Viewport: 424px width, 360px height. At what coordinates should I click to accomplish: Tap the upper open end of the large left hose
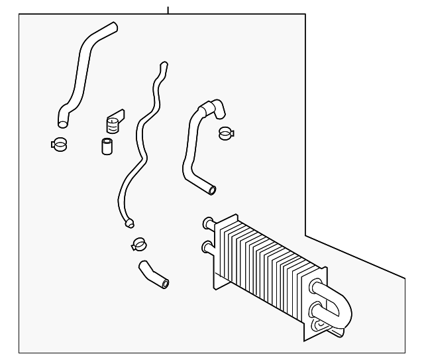[113, 27]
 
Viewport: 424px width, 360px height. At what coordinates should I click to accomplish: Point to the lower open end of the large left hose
[62, 122]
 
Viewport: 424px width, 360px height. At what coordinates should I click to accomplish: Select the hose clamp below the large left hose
[59, 143]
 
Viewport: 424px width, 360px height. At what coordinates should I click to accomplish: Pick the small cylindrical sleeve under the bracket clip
[106, 145]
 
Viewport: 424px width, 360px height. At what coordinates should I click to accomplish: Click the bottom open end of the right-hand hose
[211, 191]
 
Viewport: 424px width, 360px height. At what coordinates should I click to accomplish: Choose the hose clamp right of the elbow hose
[226, 133]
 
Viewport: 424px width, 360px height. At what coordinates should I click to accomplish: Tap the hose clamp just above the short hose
[138, 244]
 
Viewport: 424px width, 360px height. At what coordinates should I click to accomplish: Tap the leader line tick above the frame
[168, 10]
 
